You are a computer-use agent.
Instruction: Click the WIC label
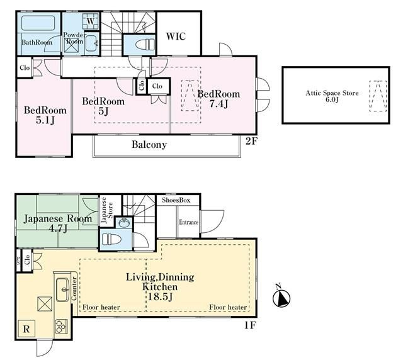point(176,37)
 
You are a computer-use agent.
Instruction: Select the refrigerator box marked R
point(26,329)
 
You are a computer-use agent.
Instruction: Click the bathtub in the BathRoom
point(38,23)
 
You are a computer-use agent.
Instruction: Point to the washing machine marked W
point(90,21)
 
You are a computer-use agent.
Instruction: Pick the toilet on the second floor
point(144,45)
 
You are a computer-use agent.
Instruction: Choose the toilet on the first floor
point(111,240)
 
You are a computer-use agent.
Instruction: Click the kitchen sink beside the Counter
point(63,290)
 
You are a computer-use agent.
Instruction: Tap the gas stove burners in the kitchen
point(61,327)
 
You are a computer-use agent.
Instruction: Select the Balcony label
point(149,144)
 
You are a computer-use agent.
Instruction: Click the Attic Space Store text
point(332,93)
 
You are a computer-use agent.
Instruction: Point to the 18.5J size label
point(160,297)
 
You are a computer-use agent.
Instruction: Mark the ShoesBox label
point(176,200)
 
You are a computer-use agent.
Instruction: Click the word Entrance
point(188,222)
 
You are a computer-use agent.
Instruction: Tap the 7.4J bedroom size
point(219,104)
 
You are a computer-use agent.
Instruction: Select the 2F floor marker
point(251,141)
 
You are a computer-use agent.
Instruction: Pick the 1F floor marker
point(249,325)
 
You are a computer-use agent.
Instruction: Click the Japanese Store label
point(107,210)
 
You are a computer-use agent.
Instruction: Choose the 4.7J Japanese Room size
point(58,228)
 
